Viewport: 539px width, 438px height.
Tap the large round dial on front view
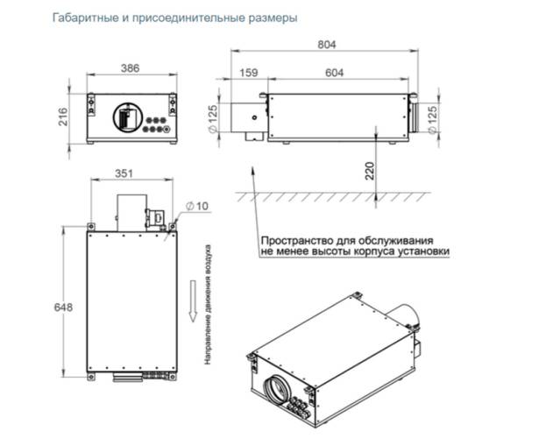pyautogui.click(x=124, y=118)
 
